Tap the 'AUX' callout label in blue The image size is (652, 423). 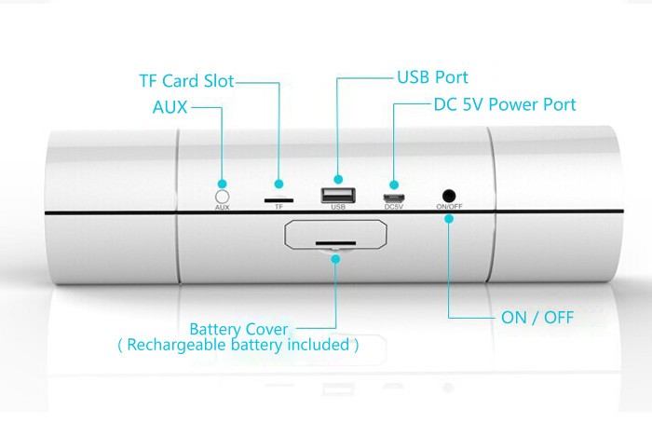(x=170, y=107)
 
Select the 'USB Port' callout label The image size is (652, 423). (x=432, y=77)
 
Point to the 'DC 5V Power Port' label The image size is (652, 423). (x=505, y=104)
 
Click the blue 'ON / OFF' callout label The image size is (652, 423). (x=537, y=318)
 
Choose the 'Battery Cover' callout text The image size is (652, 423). (x=238, y=329)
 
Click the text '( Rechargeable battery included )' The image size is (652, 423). (x=238, y=345)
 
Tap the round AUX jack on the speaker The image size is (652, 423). (x=222, y=196)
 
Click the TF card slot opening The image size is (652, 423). (x=278, y=198)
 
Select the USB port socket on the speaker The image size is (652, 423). (x=337, y=196)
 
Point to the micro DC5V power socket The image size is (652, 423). (x=394, y=198)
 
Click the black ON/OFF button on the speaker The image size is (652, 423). (x=449, y=196)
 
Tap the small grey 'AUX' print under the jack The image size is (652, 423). (x=222, y=208)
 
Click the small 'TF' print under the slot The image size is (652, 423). (x=278, y=208)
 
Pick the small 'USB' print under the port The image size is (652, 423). (x=337, y=208)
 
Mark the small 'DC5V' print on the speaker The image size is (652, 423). (x=394, y=208)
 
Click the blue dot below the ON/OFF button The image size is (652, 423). (x=449, y=219)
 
